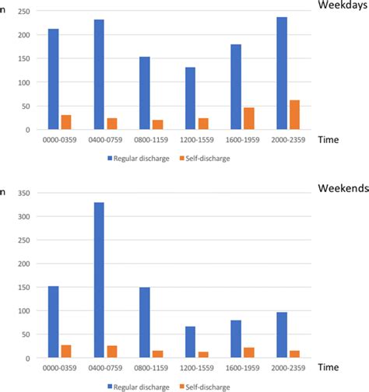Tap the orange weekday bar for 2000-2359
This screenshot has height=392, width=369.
click(294, 114)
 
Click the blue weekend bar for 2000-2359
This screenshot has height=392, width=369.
click(282, 334)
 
